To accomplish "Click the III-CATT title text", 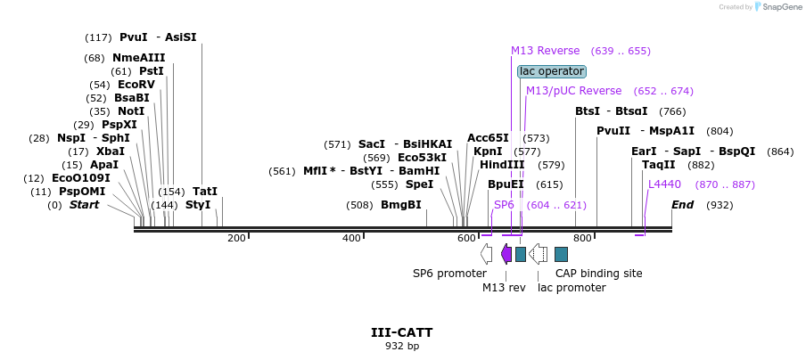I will [x=401, y=332].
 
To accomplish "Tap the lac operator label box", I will [x=552, y=71].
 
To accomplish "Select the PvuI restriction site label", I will [x=133, y=37].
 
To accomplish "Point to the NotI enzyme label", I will [x=130, y=111].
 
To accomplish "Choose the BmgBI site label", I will [x=401, y=205].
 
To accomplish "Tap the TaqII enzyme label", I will [x=658, y=165].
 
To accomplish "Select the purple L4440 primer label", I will [x=664, y=184].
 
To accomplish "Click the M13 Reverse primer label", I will [x=545, y=51].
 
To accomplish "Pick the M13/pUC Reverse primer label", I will [x=573, y=91].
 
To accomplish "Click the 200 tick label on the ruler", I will [x=236, y=238].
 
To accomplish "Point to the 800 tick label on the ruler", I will [x=582, y=238].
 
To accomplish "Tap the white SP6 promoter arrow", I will [x=486, y=254].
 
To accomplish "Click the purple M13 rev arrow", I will [x=506, y=254].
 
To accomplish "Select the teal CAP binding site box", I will [x=561, y=254].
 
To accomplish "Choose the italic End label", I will [x=682, y=205].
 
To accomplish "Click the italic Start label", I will [x=85, y=205].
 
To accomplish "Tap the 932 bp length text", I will [x=401, y=346].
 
